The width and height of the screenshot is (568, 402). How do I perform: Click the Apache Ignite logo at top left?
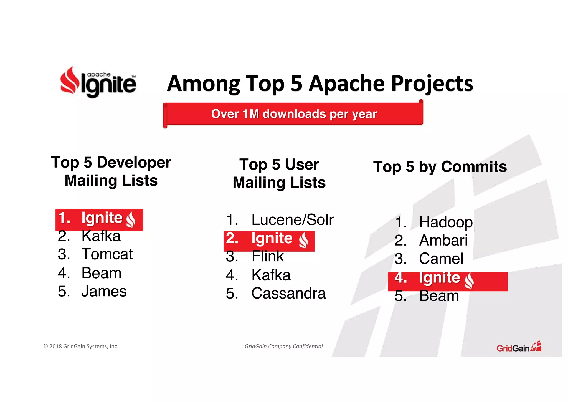click(98, 82)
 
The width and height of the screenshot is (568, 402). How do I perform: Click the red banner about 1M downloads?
click(293, 114)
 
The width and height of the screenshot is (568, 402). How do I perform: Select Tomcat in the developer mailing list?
click(107, 254)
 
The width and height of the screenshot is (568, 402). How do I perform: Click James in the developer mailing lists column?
click(104, 291)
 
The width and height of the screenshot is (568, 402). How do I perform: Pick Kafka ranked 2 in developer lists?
click(101, 236)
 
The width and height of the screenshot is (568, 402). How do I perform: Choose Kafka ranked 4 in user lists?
click(271, 275)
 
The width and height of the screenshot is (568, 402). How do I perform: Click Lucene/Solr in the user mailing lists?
click(292, 220)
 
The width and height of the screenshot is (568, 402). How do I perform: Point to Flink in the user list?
click(267, 256)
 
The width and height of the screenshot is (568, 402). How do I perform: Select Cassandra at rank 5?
click(288, 293)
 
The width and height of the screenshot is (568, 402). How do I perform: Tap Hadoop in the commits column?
click(445, 222)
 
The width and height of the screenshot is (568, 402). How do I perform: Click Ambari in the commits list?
click(443, 240)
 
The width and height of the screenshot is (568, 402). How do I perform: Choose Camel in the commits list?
click(441, 259)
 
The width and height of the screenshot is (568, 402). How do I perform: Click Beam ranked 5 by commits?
click(439, 296)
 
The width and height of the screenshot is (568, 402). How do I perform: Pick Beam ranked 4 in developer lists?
click(101, 273)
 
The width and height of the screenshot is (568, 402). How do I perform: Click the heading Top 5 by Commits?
click(440, 167)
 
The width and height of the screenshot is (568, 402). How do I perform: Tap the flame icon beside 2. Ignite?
click(303, 240)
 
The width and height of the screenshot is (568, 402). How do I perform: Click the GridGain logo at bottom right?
click(518, 347)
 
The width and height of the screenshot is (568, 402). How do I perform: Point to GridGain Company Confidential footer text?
click(283, 346)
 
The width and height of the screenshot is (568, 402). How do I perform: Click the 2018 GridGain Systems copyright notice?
click(81, 346)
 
